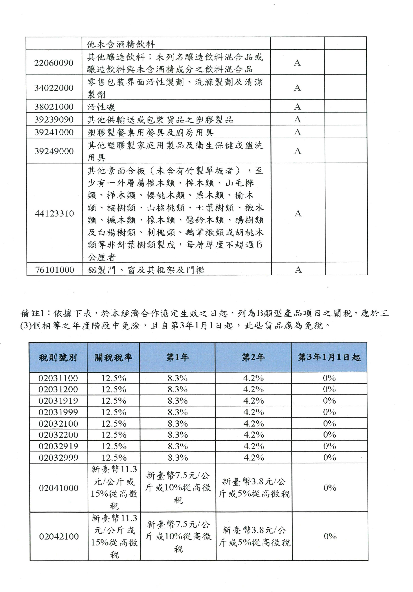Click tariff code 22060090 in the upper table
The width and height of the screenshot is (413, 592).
pos(54,63)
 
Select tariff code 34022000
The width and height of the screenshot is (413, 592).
pos(54,88)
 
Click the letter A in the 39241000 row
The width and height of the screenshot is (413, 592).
pos(297,132)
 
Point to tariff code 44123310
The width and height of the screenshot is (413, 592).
pos(54,213)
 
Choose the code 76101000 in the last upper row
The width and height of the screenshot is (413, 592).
pos(54,270)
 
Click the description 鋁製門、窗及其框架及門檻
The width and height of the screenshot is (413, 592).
pos(146,270)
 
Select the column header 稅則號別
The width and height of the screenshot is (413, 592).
pos(58,358)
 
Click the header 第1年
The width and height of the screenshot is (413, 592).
pos(177,357)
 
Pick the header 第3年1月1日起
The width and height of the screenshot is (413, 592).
pos(329,357)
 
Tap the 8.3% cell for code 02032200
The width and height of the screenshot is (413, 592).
pos(178,435)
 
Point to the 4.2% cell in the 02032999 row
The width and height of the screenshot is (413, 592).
pos(254,457)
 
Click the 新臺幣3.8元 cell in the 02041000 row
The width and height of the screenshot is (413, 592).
pos(254,488)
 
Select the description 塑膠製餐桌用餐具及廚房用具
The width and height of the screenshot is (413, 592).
pos(151,132)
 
